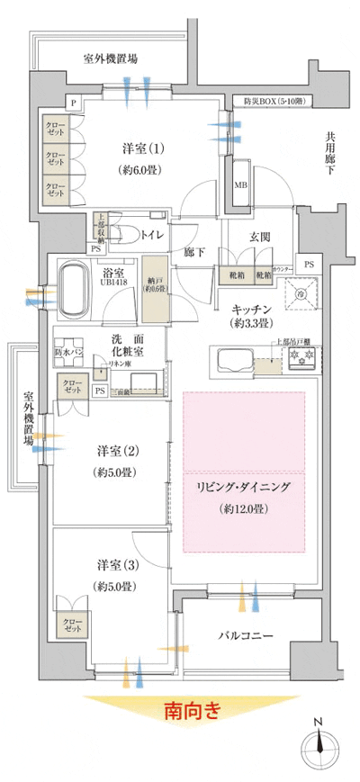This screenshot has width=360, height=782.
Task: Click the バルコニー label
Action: click(246, 636)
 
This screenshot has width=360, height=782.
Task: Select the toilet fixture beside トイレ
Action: click(125, 234)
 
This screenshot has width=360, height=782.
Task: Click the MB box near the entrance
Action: click(241, 186)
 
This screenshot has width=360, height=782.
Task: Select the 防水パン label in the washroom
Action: click(68, 354)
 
